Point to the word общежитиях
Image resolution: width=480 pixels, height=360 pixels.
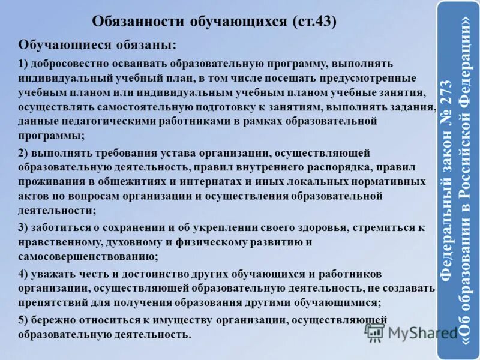121,181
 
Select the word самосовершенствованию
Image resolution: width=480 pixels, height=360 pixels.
88,256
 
